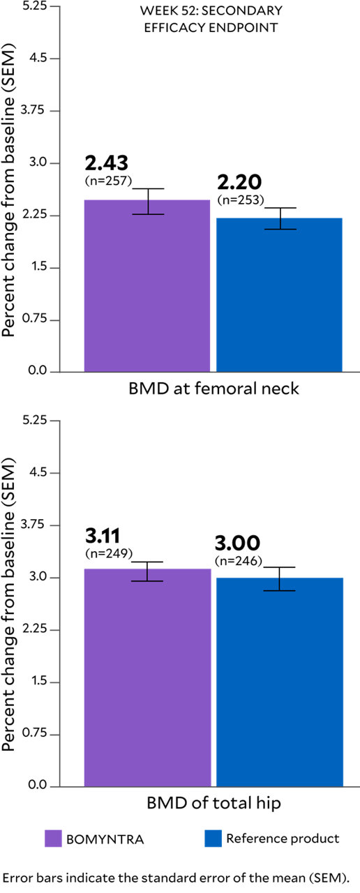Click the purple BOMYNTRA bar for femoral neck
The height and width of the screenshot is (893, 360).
pyautogui.click(x=147, y=286)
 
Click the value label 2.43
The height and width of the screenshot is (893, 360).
pyautogui.click(x=107, y=163)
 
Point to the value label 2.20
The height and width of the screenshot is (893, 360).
pyautogui.click(x=239, y=183)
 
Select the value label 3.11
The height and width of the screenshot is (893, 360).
pyautogui.click(x=103, y=536)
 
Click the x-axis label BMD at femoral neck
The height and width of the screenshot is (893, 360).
pyautogui.click(x=213, y=389)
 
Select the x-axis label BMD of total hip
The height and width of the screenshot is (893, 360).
pyautogui.click(x=213, y=804)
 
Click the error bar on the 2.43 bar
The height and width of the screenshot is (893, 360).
pyautogui.click(x=147, y=201)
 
